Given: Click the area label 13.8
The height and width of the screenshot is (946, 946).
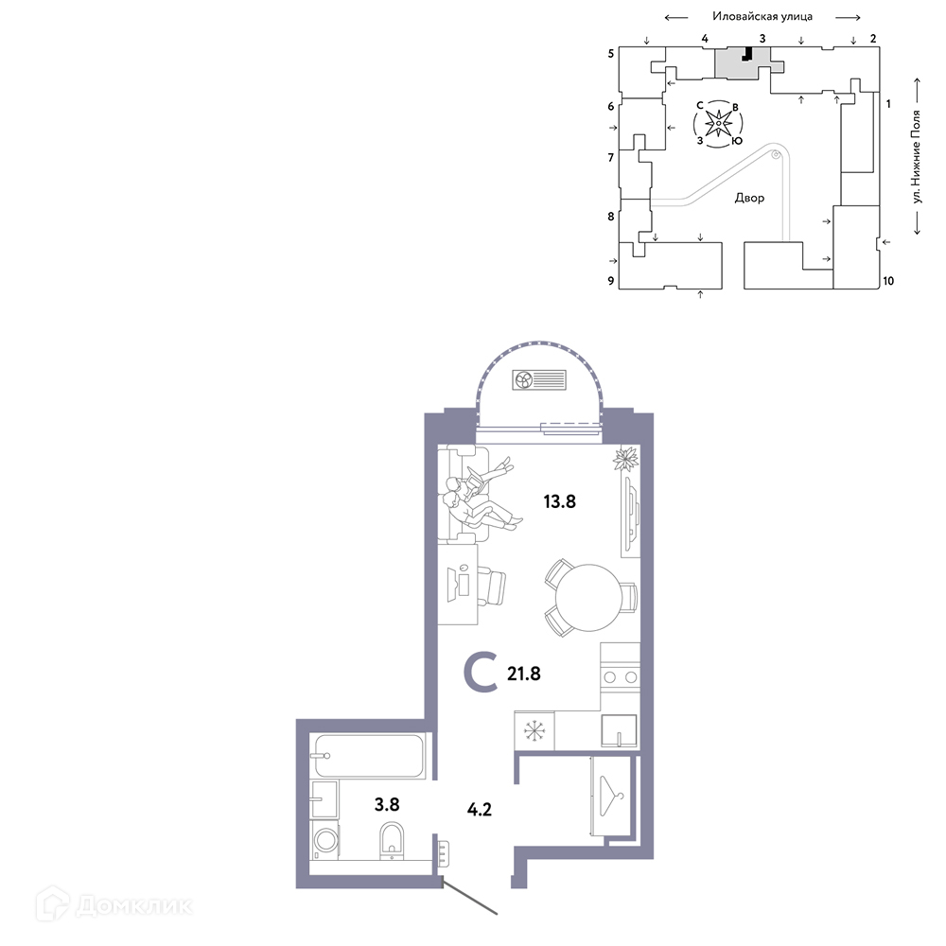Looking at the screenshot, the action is (559, 501).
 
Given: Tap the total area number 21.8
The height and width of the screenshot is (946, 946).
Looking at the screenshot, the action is (524, 674).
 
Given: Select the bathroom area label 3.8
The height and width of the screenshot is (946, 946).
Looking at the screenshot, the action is (387, 804).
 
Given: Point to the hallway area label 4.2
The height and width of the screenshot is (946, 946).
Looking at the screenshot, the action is (480, 809).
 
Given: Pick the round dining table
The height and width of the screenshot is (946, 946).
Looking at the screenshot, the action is (588, 598).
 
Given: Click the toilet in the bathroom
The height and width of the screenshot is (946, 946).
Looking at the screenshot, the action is (392, 840).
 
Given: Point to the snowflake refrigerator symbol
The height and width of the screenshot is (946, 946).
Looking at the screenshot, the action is (534, 730).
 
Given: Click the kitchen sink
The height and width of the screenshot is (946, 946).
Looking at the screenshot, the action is (619, 731).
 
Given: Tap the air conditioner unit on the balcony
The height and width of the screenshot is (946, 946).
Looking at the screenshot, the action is (539, 380).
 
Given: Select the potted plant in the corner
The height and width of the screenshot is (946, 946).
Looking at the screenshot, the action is (625, 459).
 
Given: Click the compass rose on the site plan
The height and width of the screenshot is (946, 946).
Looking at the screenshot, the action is (718, 124).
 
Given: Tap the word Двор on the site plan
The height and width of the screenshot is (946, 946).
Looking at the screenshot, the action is (749, 198).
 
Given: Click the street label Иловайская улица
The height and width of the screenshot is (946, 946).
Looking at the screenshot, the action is (762, 16).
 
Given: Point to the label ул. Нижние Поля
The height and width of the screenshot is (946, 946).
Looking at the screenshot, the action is (917, 156).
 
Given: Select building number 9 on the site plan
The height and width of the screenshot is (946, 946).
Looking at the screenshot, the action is (611, 281).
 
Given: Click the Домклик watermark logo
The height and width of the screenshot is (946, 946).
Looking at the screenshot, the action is (114, 905).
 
